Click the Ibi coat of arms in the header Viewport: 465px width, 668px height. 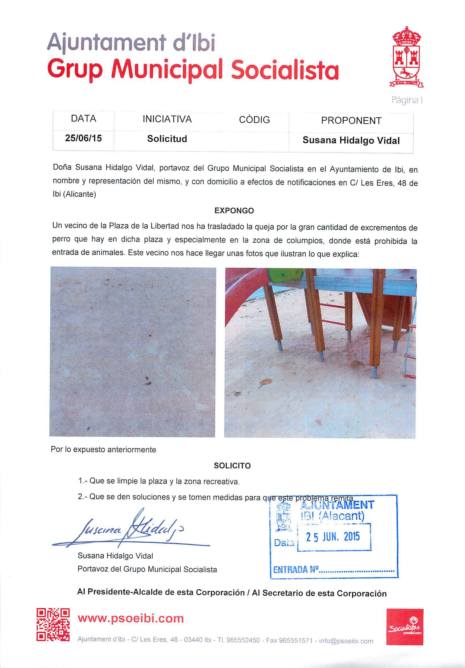click(406, 57)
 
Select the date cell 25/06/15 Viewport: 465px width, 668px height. click(83, 138)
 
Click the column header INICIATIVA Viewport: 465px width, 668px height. click(167, 119)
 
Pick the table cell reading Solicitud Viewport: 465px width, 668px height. click(167, 139)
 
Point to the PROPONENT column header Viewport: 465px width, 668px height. click(351, 120)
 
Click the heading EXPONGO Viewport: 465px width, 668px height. click(234, 211)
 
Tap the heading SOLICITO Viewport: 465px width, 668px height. click(232, 466)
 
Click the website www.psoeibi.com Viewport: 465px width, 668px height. click(131, 618)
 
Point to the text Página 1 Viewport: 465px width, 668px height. click(407, 100)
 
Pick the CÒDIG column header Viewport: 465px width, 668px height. click(254, 120)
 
